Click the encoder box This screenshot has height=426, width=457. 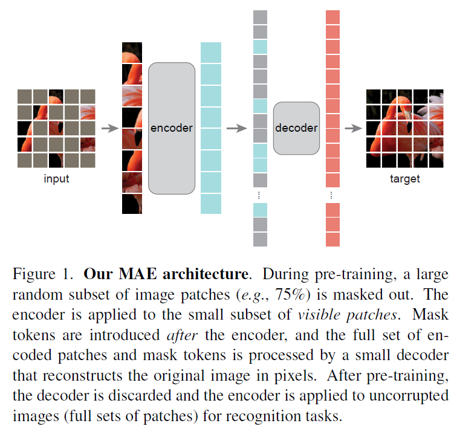point(172,128)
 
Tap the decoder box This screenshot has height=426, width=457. point(296,128)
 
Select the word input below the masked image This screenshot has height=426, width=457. point(56,179)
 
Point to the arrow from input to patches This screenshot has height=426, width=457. point(109,128)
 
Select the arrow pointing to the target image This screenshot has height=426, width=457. point(353,128)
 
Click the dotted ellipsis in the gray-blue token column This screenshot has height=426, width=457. point(259,195)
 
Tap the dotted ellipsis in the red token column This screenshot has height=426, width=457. point(332,195)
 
